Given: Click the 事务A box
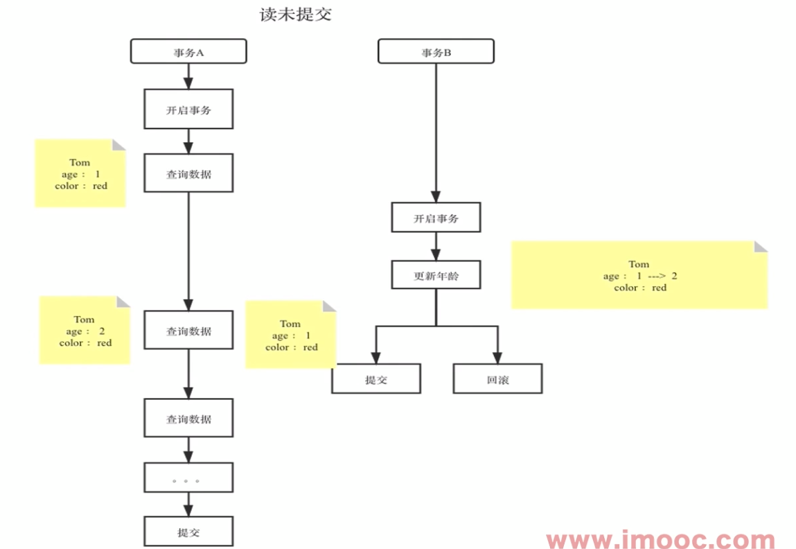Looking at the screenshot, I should coord(188,51).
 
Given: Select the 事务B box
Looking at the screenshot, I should coord(436,51).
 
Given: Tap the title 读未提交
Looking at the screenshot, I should coord(296,15).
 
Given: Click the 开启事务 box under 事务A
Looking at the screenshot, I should coord(188,109).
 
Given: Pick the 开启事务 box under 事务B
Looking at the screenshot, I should coord(436,218).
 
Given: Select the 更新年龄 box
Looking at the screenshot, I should coord(436,275).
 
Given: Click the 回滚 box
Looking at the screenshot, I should coord(497,379).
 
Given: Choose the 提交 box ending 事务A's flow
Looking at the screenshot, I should coord(188,532).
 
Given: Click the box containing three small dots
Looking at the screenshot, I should coord(188,478).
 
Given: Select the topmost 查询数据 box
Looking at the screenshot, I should coord(188,173).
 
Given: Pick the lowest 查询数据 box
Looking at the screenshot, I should coord(188,419).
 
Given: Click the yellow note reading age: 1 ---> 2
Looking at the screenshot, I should coord(639,275).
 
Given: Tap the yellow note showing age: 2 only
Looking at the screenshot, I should coord(85,331).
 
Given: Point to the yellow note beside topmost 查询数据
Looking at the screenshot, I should coord(80,173).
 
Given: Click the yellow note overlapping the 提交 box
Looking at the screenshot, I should coord(290,335).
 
